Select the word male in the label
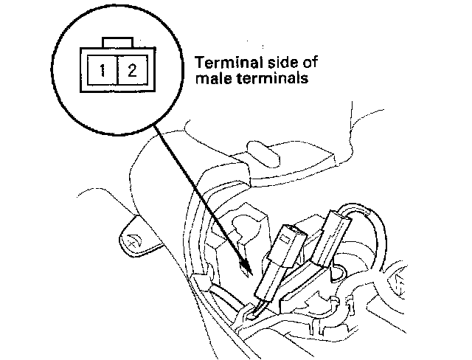(x=214, y=78)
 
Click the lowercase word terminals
(x=272, y=78)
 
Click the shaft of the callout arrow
(x=199, y=192)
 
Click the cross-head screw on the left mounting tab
(x=132, y=239)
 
